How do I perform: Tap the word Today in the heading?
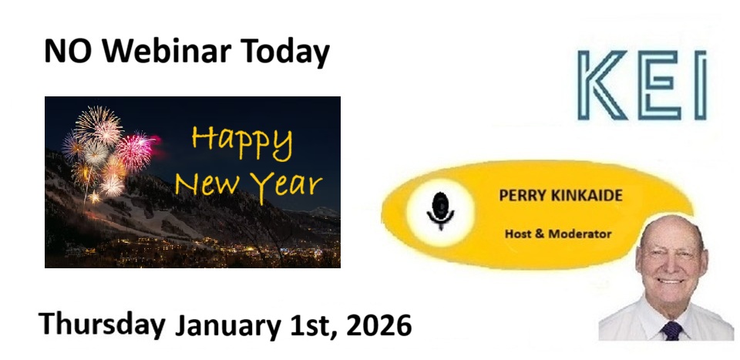[x=285, y=52]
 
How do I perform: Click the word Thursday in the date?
[x=102, y=324]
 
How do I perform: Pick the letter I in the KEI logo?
[x=701, y=85]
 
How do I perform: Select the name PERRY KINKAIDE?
[x=560, y=195]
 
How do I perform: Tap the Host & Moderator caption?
[x=558, y=234]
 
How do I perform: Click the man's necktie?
[x=672, y=330]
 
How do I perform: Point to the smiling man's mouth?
[x=671, y=281]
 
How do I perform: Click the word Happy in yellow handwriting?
[x=242, y=142]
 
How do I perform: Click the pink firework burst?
[x=136, y=151]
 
